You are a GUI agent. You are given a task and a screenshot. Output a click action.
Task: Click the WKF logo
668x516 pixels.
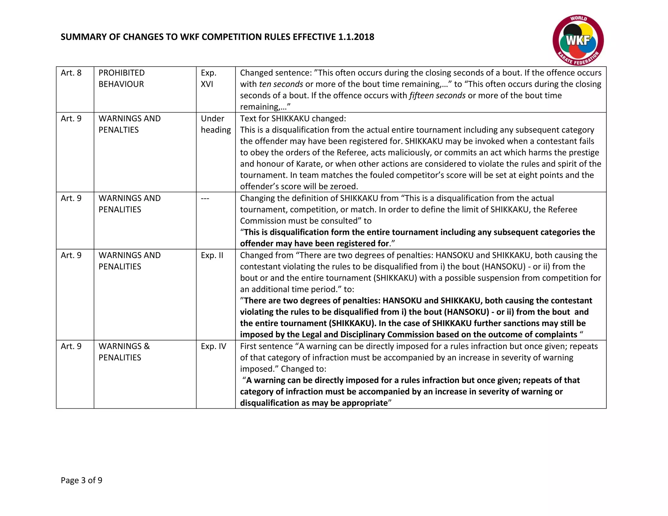[578, 40]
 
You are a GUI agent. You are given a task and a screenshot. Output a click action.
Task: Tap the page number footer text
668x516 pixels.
[82, 480]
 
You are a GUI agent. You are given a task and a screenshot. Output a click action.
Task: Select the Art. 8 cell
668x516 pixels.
[71, 73]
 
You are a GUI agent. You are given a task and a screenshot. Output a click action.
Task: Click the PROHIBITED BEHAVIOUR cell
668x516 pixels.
[121, 78]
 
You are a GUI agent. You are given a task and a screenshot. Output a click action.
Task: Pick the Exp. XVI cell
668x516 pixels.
[208, 78]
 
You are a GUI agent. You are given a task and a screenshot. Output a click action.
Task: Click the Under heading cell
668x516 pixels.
[215, 124]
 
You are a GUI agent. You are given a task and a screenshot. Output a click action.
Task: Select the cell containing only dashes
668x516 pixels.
[205, 198]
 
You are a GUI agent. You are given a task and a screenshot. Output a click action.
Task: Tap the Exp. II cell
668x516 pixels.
[212, 255]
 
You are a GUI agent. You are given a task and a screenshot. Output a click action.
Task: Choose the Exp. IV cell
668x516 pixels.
[213, 346]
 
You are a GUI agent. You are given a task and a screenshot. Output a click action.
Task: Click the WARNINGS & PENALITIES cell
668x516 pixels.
[124, 352]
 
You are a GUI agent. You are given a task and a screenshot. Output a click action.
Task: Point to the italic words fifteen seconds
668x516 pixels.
[437, 96]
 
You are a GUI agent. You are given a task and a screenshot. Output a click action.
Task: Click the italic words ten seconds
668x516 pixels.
[281, 84]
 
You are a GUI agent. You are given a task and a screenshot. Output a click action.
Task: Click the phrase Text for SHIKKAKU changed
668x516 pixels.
[293, 118]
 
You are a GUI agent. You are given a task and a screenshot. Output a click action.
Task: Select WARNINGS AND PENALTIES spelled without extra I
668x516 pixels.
[129, 124]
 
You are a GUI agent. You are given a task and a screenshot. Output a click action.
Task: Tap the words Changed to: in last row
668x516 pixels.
[303, 369]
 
